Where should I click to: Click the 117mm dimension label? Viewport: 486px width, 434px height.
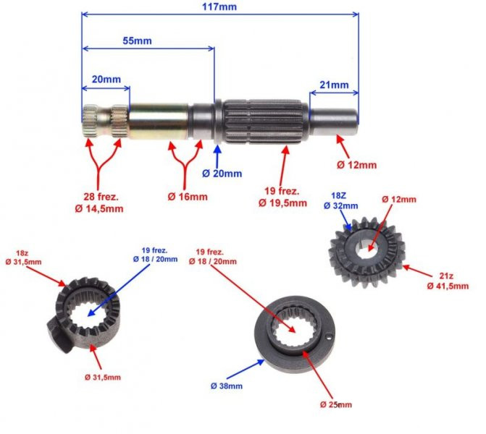pos(220,6)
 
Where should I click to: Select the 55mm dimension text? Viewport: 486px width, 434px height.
pos(137,41)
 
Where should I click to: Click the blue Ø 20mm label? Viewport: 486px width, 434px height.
pos(222,174)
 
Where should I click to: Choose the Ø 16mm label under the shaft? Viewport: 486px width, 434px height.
pos(188,196)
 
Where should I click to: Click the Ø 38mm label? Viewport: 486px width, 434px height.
pos(227,386)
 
